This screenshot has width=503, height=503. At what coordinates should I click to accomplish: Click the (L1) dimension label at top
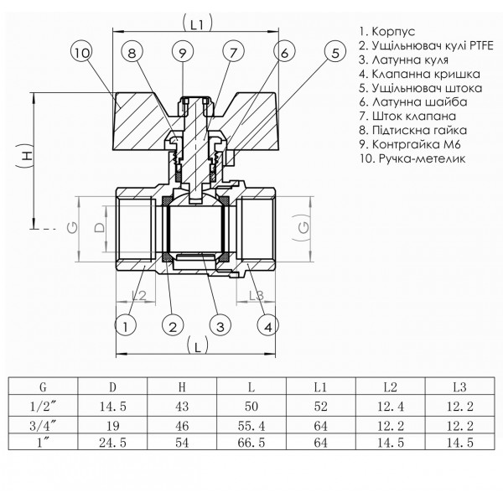click(198, 26)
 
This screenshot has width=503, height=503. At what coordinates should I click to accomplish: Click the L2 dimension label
click(140, 294)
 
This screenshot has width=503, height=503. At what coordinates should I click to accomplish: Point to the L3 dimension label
click(257, 294)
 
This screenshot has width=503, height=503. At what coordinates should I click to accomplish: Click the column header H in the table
click(182, 388)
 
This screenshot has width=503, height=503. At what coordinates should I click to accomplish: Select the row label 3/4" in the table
click(42, 425)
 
